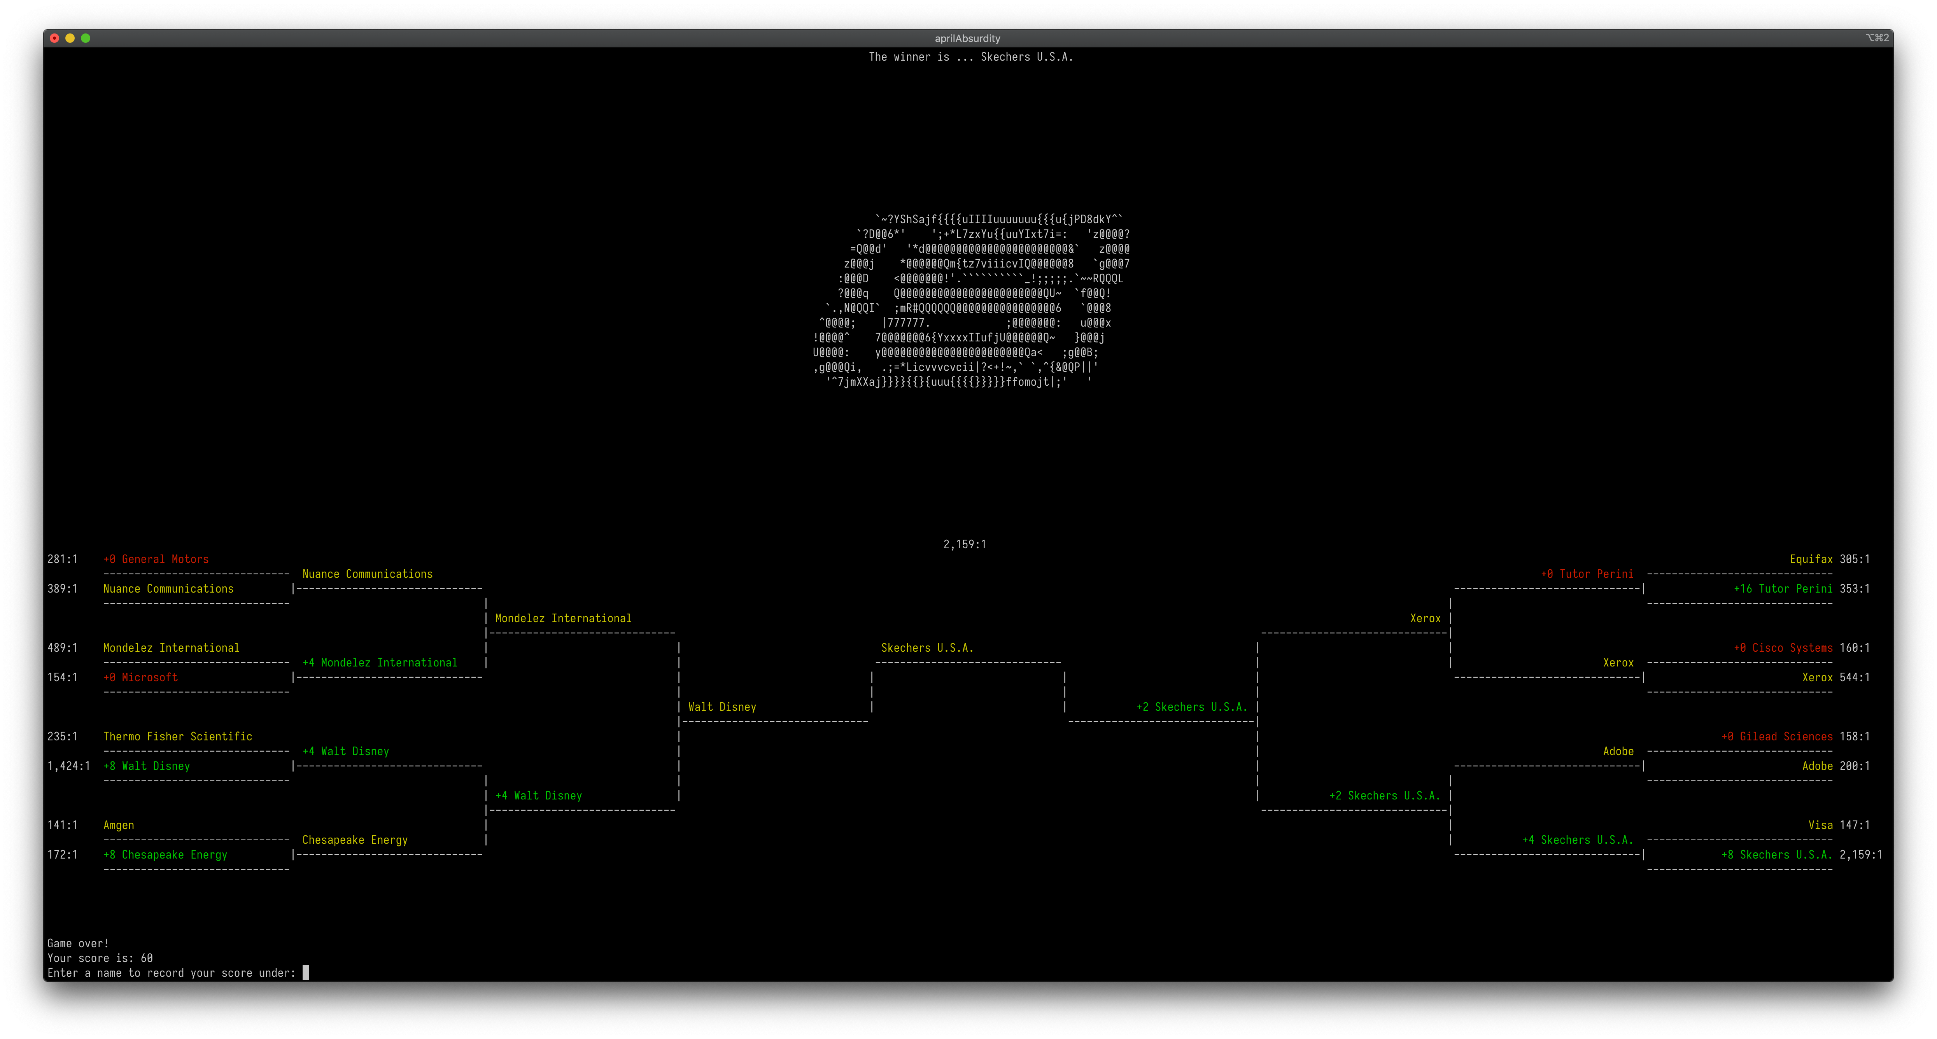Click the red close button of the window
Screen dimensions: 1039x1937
coord(54,38)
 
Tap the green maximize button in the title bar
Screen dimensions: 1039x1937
coord(86,38)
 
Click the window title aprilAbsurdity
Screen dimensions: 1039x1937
coord(967,38)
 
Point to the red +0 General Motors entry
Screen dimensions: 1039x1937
coord(156,559)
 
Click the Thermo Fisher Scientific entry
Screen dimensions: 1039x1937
coord(177,737)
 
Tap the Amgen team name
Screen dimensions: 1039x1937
coord(118,826)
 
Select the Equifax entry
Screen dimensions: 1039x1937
coord(1811,559)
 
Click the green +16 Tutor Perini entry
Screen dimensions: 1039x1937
coord(1783,589)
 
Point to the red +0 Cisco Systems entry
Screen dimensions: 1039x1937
coord(1783,648)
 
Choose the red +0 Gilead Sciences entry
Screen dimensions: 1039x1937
coord(1777,737)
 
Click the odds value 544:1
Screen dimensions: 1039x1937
coord(1854,677)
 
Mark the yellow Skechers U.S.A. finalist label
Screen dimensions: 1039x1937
coord(926,648)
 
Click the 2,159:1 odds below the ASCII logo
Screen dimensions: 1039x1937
coord(965,544)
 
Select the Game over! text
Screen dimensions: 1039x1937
coord(77,943)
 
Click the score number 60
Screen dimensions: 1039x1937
coord(147,959)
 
